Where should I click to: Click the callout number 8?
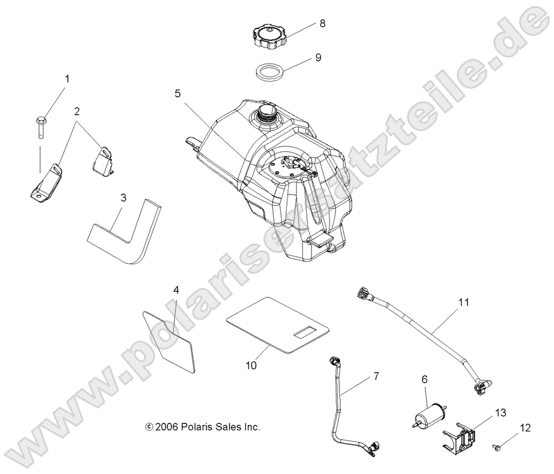(322, 23)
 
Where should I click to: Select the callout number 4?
(176, 289)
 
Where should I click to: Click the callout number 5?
(177, 94)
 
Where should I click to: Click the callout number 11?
(464, 302)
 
